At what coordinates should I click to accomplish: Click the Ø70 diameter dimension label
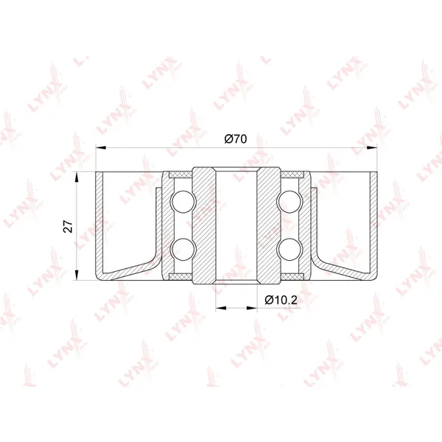click(236, 139)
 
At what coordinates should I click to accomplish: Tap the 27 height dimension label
click(69, 226)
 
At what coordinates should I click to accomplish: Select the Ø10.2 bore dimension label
click(281, 300)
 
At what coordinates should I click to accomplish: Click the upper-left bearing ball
click(183, 202)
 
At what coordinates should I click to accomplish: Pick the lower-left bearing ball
click(183, 250)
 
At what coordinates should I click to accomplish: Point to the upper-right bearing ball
click(290, 202)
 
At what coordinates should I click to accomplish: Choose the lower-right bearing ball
click(290, 250)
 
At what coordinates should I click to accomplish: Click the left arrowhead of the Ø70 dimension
click(101, 147)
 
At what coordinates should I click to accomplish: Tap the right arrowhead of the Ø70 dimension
click(372, 147)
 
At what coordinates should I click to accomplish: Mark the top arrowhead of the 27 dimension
click(77, 177)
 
